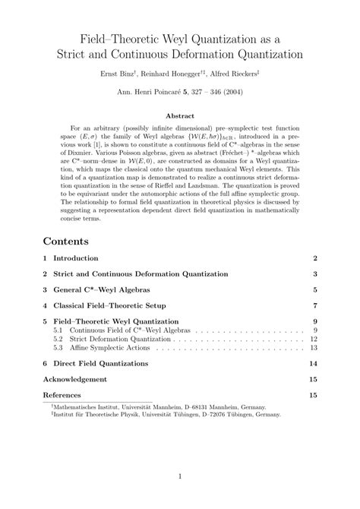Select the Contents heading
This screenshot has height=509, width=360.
66,241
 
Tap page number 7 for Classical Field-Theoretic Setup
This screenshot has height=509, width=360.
314,305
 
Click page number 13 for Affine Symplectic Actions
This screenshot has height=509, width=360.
313,347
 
